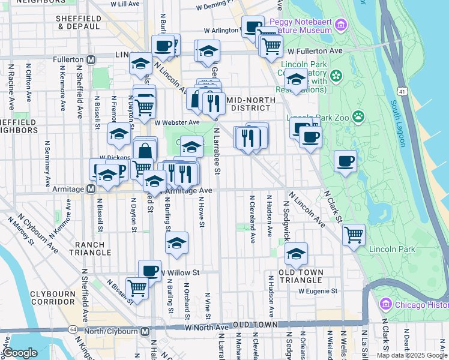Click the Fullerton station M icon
click(91, 60)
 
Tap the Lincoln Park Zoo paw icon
click(358, 116)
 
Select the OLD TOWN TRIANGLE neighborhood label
click(301, 276)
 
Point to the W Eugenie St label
click(318, 291)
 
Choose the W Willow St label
click(179, 272)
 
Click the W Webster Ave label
click(176, 122)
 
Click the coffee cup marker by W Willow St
click(149, 270)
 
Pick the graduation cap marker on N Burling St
click(176, 242)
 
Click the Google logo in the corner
click(20, 353)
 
